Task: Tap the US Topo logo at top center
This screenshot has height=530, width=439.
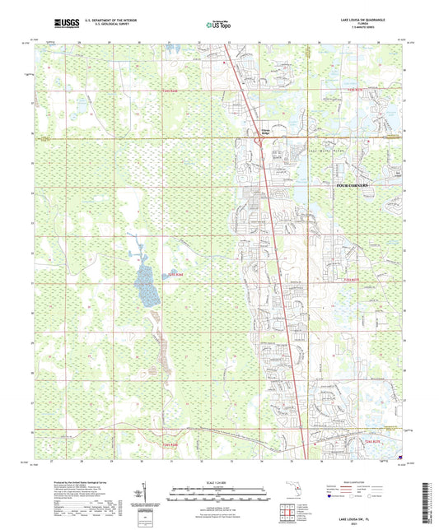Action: coord(218,26)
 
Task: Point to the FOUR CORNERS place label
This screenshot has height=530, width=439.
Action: coord(355,187)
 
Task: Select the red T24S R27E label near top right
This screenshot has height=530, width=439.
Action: coord(354,89)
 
